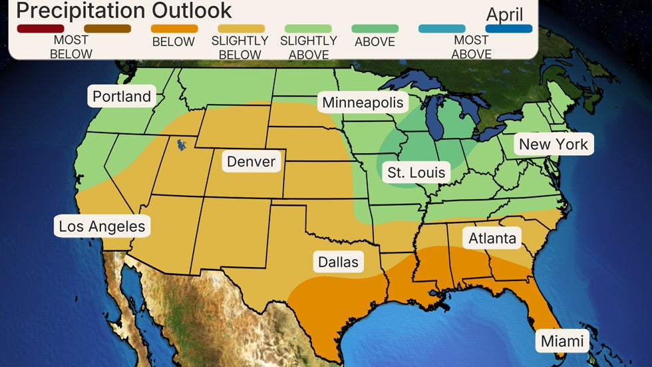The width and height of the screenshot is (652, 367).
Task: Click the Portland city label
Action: pos(122,97)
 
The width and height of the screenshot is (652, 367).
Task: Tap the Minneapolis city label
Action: pos(363,103)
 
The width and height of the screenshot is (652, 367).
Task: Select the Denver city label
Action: pos(251,162)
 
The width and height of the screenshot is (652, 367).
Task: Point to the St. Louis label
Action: pos(416,173)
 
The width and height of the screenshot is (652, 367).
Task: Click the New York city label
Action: pos(554,145)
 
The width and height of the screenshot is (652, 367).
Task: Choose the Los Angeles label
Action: pos(102,226)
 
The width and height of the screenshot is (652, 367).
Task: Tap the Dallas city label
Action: pos(338,262)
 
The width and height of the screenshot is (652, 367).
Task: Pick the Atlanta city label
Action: pos(492,238)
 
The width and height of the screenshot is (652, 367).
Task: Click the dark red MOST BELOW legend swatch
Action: pos(41,29)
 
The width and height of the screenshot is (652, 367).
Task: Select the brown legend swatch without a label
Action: pos(107,29)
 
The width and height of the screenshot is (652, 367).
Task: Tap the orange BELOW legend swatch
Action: pos(174,29)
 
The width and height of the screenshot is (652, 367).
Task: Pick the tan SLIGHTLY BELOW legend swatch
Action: pos(241,29)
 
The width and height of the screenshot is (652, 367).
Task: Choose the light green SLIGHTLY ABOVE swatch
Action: pos(308,29)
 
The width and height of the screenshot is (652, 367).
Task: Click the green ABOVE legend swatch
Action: pos(375,29)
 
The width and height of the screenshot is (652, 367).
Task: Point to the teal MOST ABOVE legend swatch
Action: pos(442,29)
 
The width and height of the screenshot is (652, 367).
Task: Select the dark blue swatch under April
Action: pos(509,29)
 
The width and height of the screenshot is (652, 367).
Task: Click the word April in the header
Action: pos(505,14)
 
